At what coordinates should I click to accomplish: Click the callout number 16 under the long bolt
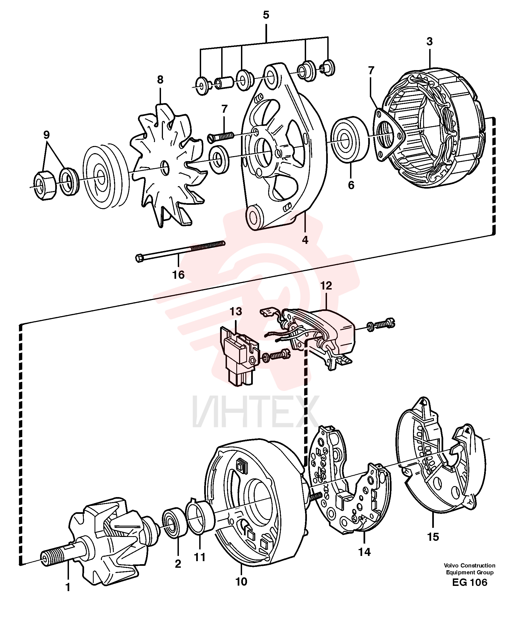(x=178, y=275)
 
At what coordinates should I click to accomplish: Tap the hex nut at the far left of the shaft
(x=44, y=185)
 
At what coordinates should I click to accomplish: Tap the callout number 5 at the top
(x=266, y=15)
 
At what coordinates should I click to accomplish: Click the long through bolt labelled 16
(x=180, y=250)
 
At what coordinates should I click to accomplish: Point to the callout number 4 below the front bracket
(x=305, y=240)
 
